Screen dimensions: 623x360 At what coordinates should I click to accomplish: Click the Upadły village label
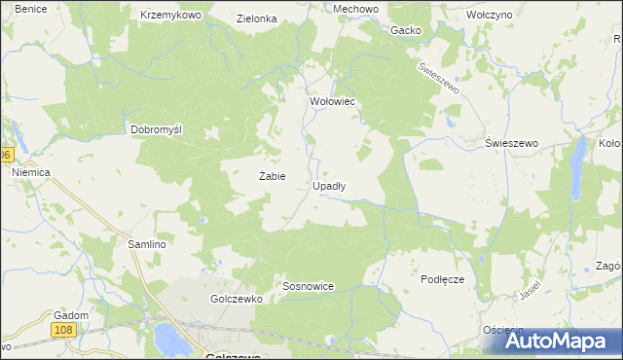pyautogui.click(x=332, y=185)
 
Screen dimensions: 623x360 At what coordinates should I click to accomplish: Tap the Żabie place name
pyautogui.click(x=272, y=176)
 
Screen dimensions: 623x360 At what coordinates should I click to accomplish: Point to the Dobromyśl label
pyautogui.click(x=158, y=129)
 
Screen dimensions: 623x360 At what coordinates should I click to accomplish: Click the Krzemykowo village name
pyautogui.click(x=170, y=16)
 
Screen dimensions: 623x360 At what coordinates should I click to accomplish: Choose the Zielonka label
pyautogui.click(x=257, y=18)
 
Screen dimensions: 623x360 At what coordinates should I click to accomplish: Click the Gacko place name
pyautogui.click(x=406, y=30)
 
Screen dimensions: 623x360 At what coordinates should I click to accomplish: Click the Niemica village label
pyautogui.click(x=30, y=172)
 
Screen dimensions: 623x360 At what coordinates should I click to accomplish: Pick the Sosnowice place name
pyautogui.click(x=309, y=287)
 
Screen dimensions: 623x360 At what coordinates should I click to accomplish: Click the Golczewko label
pyautogui.click(x=237, y=300)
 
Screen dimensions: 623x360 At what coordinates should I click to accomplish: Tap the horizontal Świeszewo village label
pyautogui.click(x=512, y=143)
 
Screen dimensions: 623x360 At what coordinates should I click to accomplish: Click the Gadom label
pyautogui.click(x=72, y=315)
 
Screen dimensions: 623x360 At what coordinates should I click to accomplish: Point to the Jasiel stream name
pyautogui.click(x=531, y=291)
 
